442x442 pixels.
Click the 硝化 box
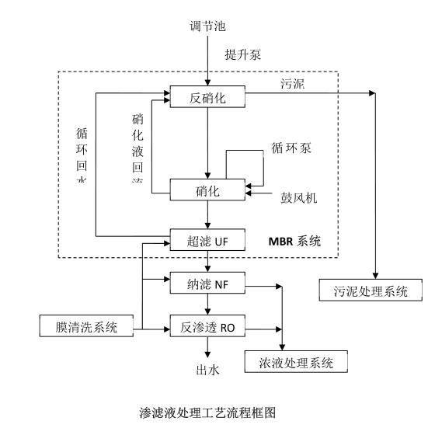point(207,190)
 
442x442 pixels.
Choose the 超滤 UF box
point(207,238)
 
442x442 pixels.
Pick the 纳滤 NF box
point(207,284)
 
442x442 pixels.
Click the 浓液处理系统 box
point(294,362)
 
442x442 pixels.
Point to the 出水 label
point(207,370)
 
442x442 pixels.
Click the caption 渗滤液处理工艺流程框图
point(206,412)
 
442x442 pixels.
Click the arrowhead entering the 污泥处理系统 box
point(375,277)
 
